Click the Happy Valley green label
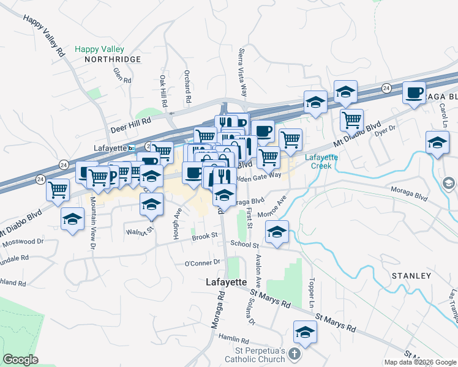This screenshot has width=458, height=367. click(99, 49)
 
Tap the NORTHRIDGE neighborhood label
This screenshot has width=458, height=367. click(113, 59)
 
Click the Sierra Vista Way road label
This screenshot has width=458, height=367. click(242, 73)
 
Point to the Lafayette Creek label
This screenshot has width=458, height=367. click(326, 161)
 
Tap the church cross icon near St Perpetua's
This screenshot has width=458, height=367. click(295, 354)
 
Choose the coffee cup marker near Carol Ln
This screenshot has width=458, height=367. click(414, 93)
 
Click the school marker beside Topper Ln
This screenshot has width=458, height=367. click(305, 332)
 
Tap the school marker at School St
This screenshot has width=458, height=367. click(277, 232)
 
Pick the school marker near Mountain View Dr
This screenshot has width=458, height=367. click(72, 218)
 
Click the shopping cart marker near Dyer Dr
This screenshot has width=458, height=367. click(351, 120)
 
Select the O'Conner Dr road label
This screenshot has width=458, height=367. click(202, 263)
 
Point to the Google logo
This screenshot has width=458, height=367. click(20, 360)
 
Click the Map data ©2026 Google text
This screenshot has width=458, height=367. click(420, 362)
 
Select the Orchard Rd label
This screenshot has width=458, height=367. click(188, 86)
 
